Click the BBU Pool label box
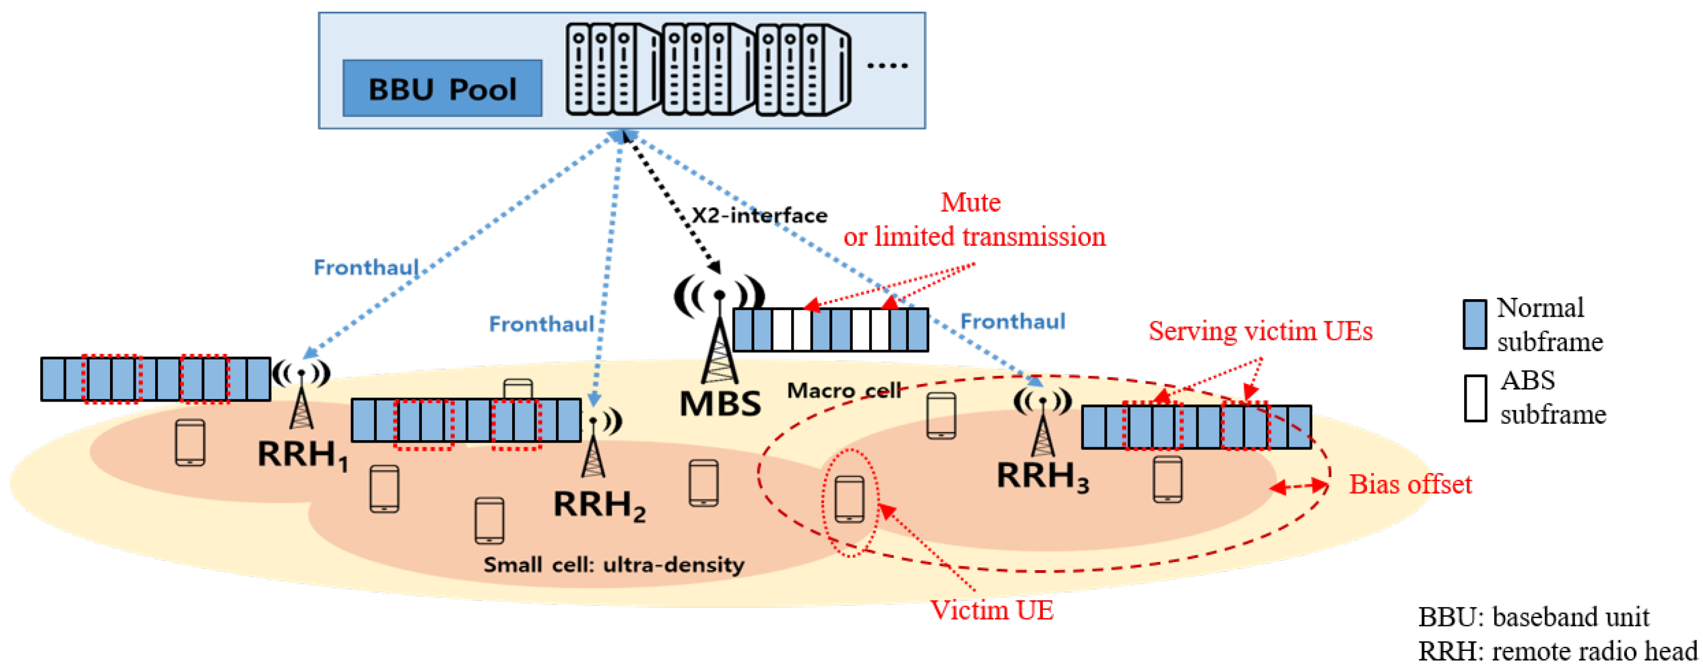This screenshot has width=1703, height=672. tap(442, 88)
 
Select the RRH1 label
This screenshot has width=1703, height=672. tap(302, 454)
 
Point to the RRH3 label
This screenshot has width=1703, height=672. tap(1042, 475)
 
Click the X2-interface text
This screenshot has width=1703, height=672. tap(759, 215)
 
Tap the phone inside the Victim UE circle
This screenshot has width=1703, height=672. tap(849, 499)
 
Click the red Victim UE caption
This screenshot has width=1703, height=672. tap(991, 610)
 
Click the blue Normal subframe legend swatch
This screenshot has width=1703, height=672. tap(1474, 324)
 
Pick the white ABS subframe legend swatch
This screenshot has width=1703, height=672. tap(1475, 398)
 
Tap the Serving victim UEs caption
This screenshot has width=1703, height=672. tap(1260, 331)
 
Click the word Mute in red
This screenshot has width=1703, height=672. tap(970, 202)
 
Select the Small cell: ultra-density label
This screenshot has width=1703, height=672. tap(613, 564)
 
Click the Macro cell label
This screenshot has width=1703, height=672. tap(843, 390)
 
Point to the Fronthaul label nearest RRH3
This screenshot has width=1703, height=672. tap(1012, 321)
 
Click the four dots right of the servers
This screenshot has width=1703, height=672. tap(887, 65)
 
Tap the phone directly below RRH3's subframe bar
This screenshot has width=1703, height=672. tap(1167, 479)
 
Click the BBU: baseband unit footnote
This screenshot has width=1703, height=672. tap(1533, 616)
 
